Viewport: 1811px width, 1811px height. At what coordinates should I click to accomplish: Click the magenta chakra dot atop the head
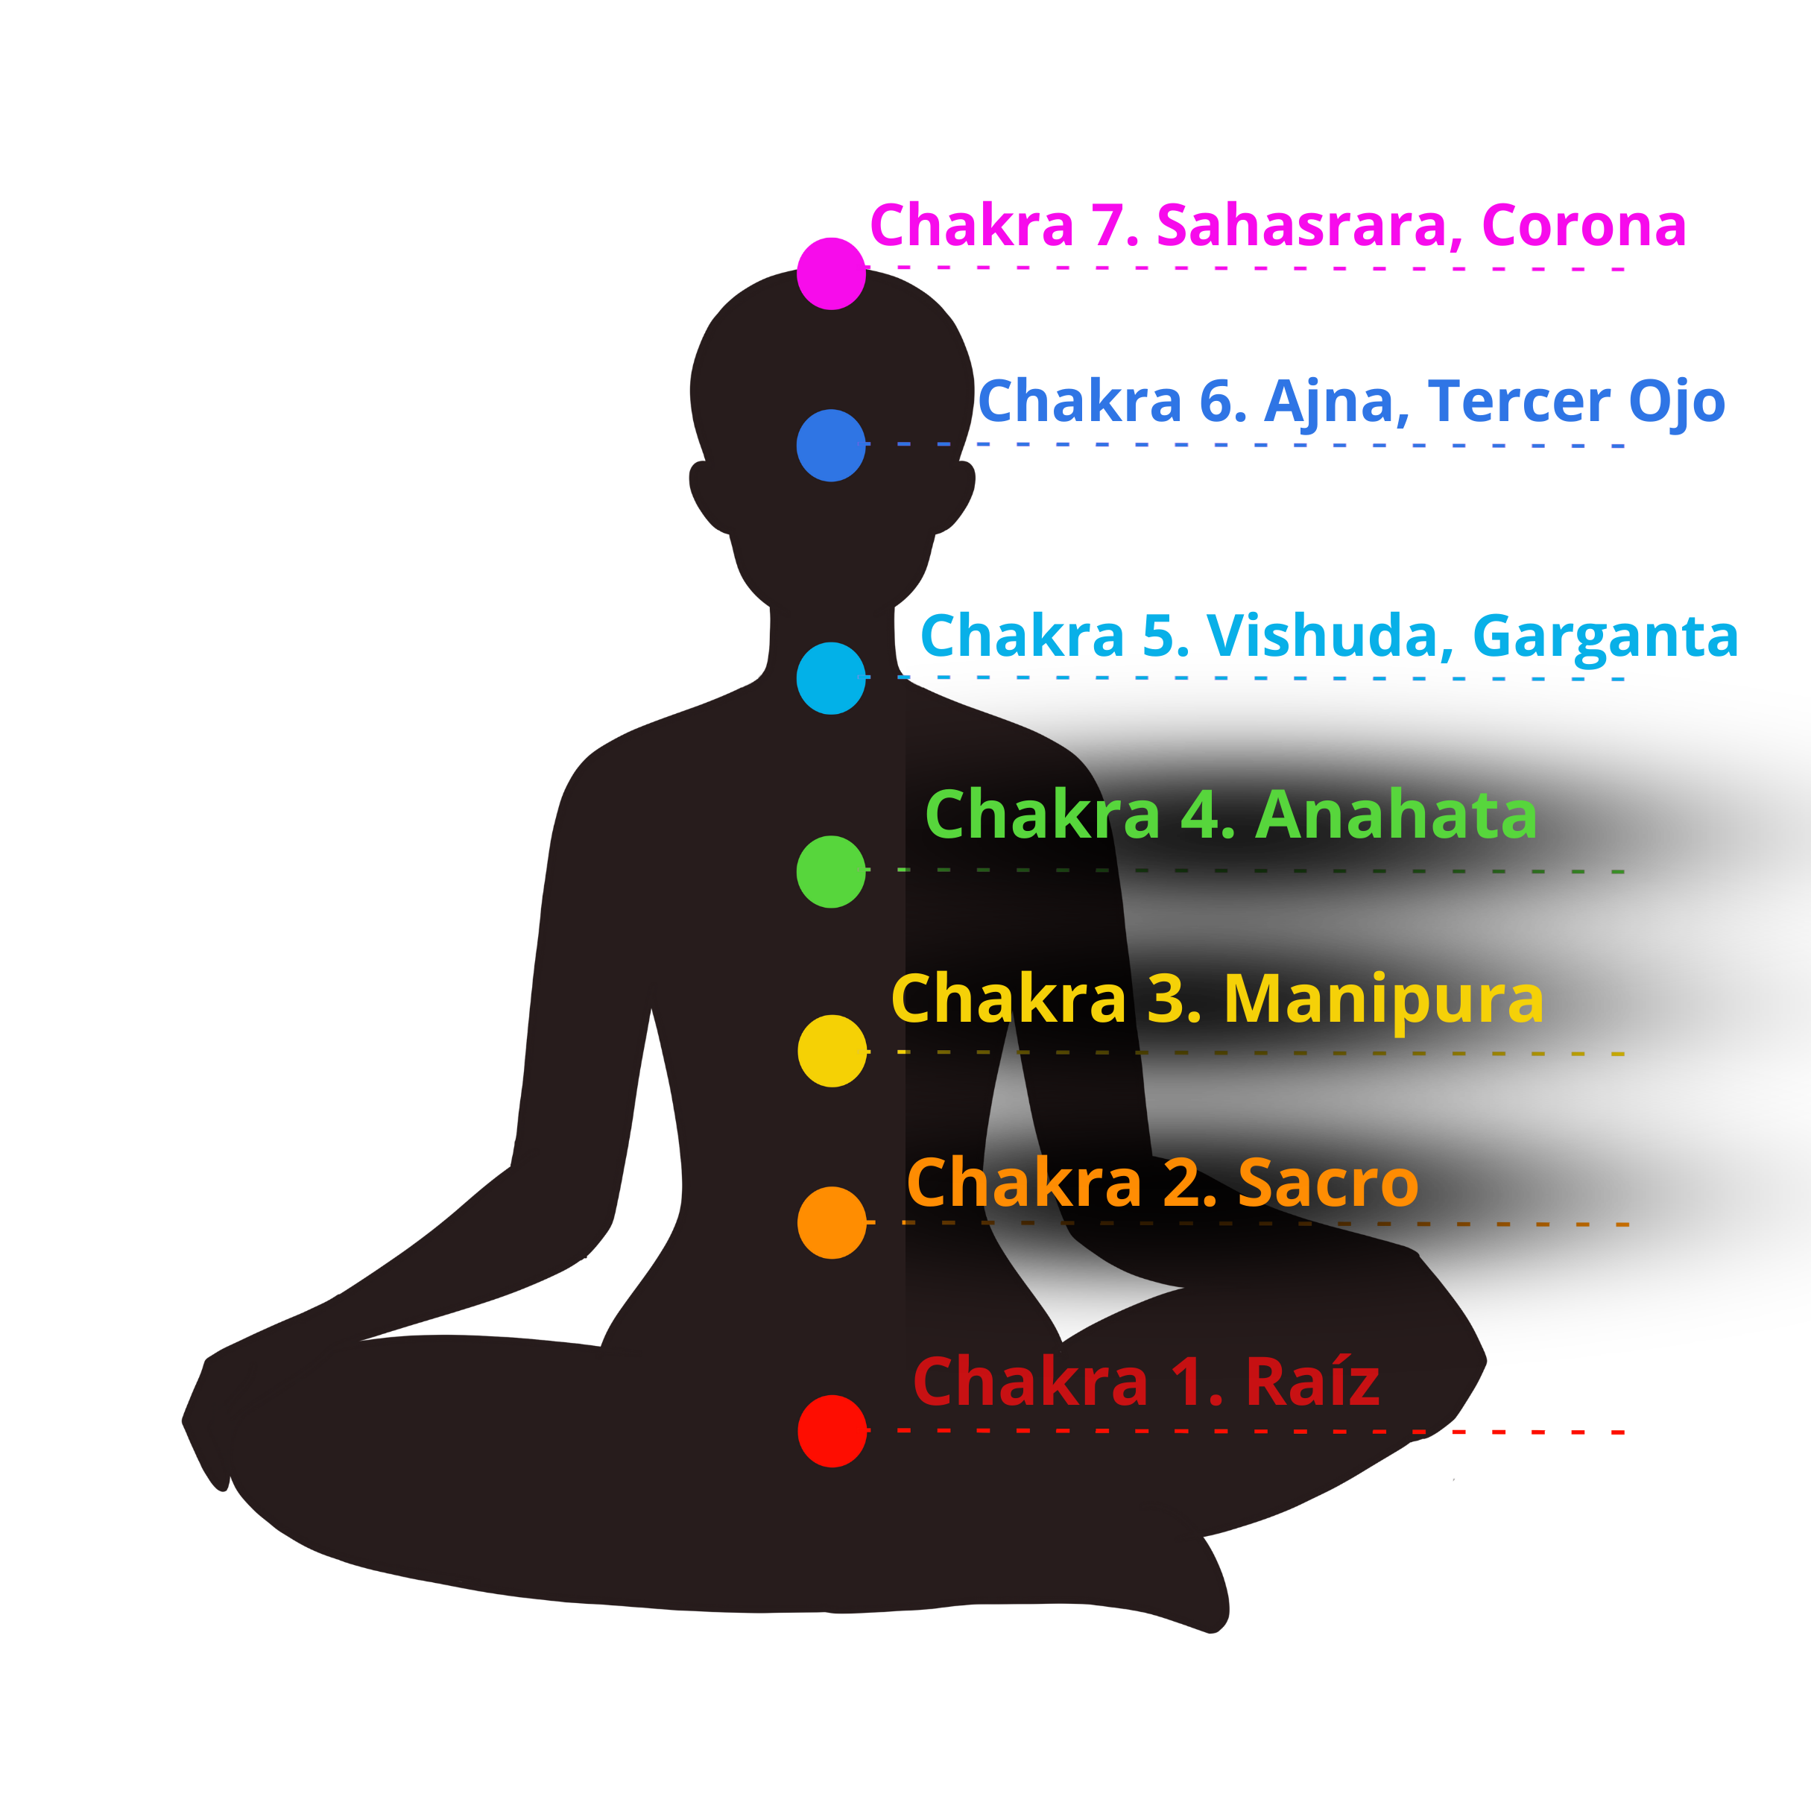click(832, 273)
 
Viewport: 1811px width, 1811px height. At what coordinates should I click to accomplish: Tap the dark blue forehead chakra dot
click(830, 445)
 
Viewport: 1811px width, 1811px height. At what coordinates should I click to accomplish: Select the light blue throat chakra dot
click(830, 677)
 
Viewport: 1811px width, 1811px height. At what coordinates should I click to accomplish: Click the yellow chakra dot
click(832, 1051)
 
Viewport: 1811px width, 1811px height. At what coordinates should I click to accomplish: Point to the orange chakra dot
click(832, 1223)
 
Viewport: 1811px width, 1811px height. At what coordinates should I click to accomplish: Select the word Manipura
click(1383, 1000)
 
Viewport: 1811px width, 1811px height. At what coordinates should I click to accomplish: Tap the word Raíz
click(1312, 1382)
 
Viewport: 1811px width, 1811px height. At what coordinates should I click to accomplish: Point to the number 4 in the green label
click(1201, 815)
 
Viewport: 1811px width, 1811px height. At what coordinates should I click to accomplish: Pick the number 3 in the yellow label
click(1169, 1000)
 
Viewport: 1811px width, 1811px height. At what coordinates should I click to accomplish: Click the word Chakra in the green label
click(1043, 815)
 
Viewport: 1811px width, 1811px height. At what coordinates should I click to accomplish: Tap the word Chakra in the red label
click(1030, 1382)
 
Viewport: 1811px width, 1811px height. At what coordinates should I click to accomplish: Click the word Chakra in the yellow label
click(1008, 1000)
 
